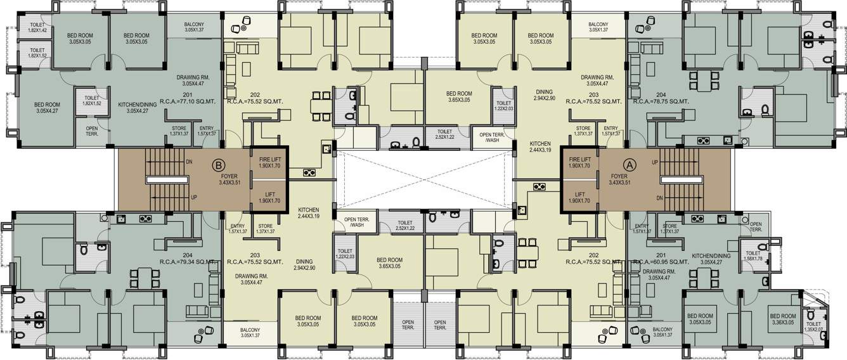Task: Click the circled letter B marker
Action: point(217,165)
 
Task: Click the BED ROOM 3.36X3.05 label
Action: point(782,319)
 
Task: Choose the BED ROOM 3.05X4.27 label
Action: point(47,108)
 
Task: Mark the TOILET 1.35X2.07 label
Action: point(812,326)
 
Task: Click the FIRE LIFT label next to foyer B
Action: point(269,162)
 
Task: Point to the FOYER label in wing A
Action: point(619,179)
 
